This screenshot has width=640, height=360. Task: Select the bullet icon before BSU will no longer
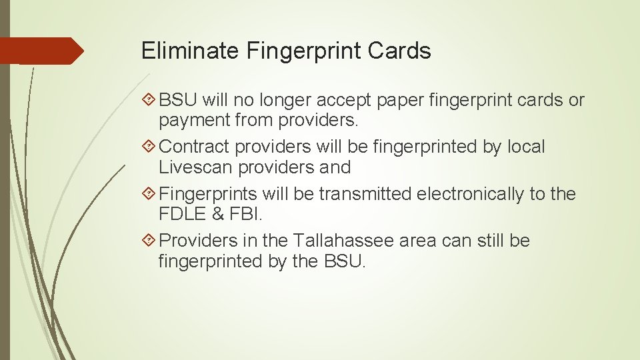(x=150, y=101)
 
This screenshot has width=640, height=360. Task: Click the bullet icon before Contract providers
(x=150, y=147)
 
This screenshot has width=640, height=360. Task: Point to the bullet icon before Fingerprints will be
(x=150, y=194)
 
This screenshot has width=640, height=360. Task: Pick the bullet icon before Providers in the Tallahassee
(x=150, y=241)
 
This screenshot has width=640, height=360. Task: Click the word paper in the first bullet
(x=401, y=101)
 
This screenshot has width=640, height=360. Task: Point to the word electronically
(x=460, y=194)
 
